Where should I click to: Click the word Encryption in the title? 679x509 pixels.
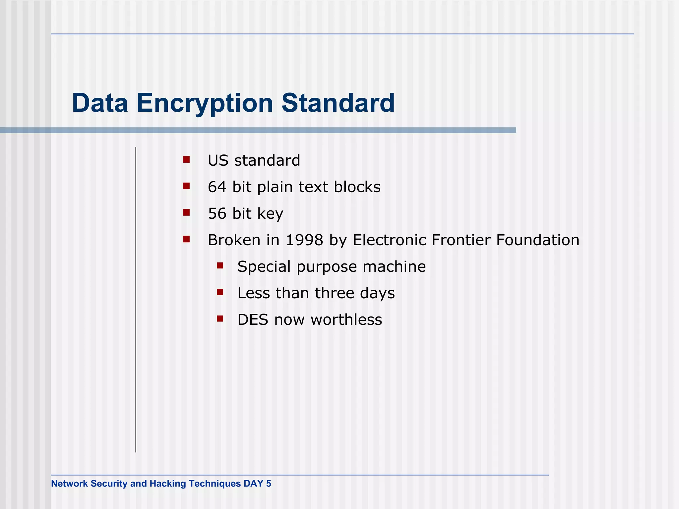coord(205,103)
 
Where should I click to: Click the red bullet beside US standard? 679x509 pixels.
coord(186,160)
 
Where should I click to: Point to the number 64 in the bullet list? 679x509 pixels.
coord(217,187)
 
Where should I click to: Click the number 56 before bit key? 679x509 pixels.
coord(217,213)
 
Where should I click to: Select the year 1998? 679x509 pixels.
coord(304,240)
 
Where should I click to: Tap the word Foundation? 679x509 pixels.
coord(537,240)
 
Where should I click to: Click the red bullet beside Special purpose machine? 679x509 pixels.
coord(220,266)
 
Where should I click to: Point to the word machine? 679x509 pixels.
coord(394,266)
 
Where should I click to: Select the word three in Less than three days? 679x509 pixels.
coord(334,293)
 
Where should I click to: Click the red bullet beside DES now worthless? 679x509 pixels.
coord(220,319)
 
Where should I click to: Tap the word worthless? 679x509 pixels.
coord(346,320)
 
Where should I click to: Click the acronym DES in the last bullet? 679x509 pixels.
coord(253,320)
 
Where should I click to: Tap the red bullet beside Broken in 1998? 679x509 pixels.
coord(186,239)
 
